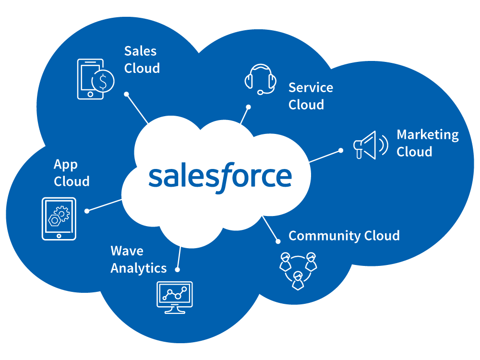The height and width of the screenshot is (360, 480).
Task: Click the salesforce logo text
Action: [220, 177]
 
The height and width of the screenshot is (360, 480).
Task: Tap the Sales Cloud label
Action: [142, 60]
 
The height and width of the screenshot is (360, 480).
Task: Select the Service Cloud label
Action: [311, 96]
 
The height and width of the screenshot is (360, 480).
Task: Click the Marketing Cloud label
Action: [428, 143]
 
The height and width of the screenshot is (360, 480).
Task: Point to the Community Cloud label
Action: [344, 236]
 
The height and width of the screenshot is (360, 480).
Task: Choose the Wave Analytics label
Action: [139, 260]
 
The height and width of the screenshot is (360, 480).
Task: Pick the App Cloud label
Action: [72, 173]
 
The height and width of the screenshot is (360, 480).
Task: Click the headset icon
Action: [261, 79]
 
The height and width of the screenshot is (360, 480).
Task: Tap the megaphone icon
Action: [371, 145]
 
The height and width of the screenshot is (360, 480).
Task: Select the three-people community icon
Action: [298, 271]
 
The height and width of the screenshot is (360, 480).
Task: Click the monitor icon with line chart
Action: [175, 298]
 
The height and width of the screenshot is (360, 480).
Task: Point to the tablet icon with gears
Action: [59, 218]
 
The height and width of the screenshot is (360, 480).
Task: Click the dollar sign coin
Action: [103, 81]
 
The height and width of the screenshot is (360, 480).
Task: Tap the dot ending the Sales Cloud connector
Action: [126, 94]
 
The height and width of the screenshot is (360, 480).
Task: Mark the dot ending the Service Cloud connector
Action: [249, 107]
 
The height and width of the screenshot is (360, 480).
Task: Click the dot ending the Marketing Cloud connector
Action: [341, 150]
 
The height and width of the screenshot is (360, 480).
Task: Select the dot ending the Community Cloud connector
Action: [278, 241]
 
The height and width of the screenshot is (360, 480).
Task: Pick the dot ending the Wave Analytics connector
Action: [177, 270]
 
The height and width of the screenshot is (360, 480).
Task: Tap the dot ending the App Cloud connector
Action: [87, 211]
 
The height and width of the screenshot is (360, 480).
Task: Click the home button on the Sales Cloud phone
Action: [90, 94]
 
